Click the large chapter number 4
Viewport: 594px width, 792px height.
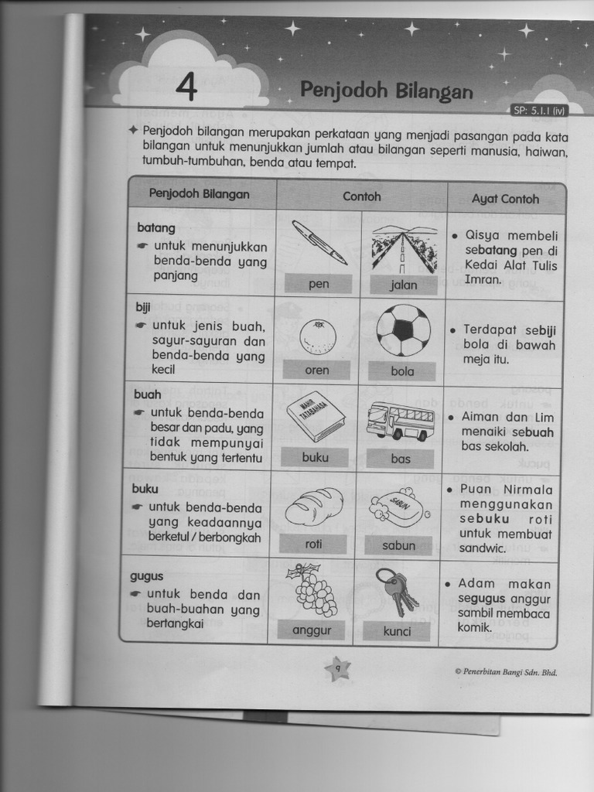tap(187, 87)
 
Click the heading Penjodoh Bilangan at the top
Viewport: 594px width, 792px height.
tap(387, 90)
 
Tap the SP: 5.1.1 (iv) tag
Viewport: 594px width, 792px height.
tap(539, 111)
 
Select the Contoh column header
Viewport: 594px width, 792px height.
tap(362, 196)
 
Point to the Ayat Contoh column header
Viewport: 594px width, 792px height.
tap(505, 199)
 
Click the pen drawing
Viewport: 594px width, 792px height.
tap(319, 242)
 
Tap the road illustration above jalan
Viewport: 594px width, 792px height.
tap(405, 249)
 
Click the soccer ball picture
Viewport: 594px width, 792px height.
tap(404, 329)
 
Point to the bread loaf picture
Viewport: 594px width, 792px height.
tap(314, 507)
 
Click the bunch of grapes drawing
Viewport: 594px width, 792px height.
tap(311, 589)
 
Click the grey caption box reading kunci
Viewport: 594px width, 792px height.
tap(397, 631)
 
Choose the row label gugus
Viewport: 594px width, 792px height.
tap(146, 577)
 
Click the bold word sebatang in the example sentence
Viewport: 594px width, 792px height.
tap(490, 251)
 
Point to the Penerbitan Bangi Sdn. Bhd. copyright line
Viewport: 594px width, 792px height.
tap(506, 672)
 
